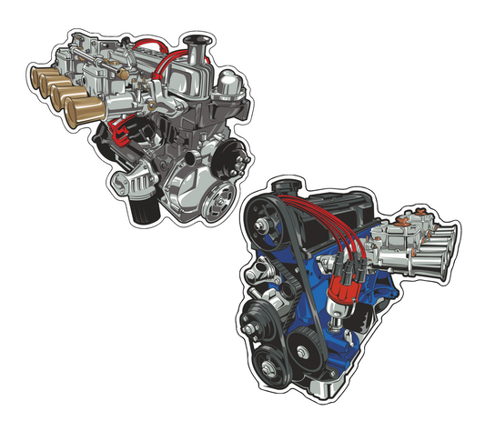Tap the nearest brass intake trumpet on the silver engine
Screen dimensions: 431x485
tap(80, 112)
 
